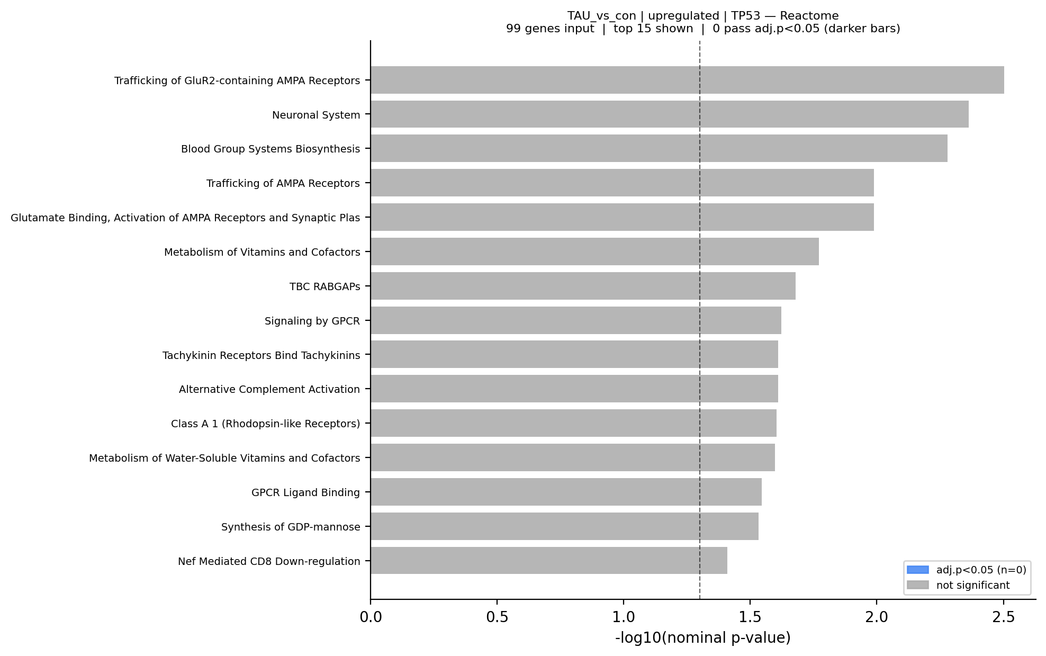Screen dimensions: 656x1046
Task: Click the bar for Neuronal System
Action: [669, 114]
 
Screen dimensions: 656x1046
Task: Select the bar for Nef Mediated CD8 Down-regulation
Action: [548, 561]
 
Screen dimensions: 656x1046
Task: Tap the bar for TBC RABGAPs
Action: [582, 286]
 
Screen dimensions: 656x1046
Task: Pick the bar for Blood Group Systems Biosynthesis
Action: [659, 148]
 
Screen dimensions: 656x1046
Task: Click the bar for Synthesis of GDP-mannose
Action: [564, 526]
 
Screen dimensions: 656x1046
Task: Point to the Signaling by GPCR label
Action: [312, 321]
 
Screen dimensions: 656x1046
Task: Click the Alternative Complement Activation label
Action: [269, 390]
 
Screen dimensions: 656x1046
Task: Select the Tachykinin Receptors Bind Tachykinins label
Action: [261, 355]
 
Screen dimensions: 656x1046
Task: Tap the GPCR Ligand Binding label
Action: [305, 492]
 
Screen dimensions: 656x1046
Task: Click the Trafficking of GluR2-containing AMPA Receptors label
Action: [237, 80]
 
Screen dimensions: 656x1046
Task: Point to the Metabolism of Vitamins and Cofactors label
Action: [261, 252]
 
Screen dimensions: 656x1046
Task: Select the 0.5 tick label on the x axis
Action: [497, 617]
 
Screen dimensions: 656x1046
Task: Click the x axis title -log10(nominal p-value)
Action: [702, 638]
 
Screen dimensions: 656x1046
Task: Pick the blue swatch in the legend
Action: [917, 570]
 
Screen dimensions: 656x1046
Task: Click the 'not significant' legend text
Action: [972, 585]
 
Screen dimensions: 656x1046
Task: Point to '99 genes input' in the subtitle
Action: [549, 29]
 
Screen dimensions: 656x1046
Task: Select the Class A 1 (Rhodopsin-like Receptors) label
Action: [265, 424]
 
